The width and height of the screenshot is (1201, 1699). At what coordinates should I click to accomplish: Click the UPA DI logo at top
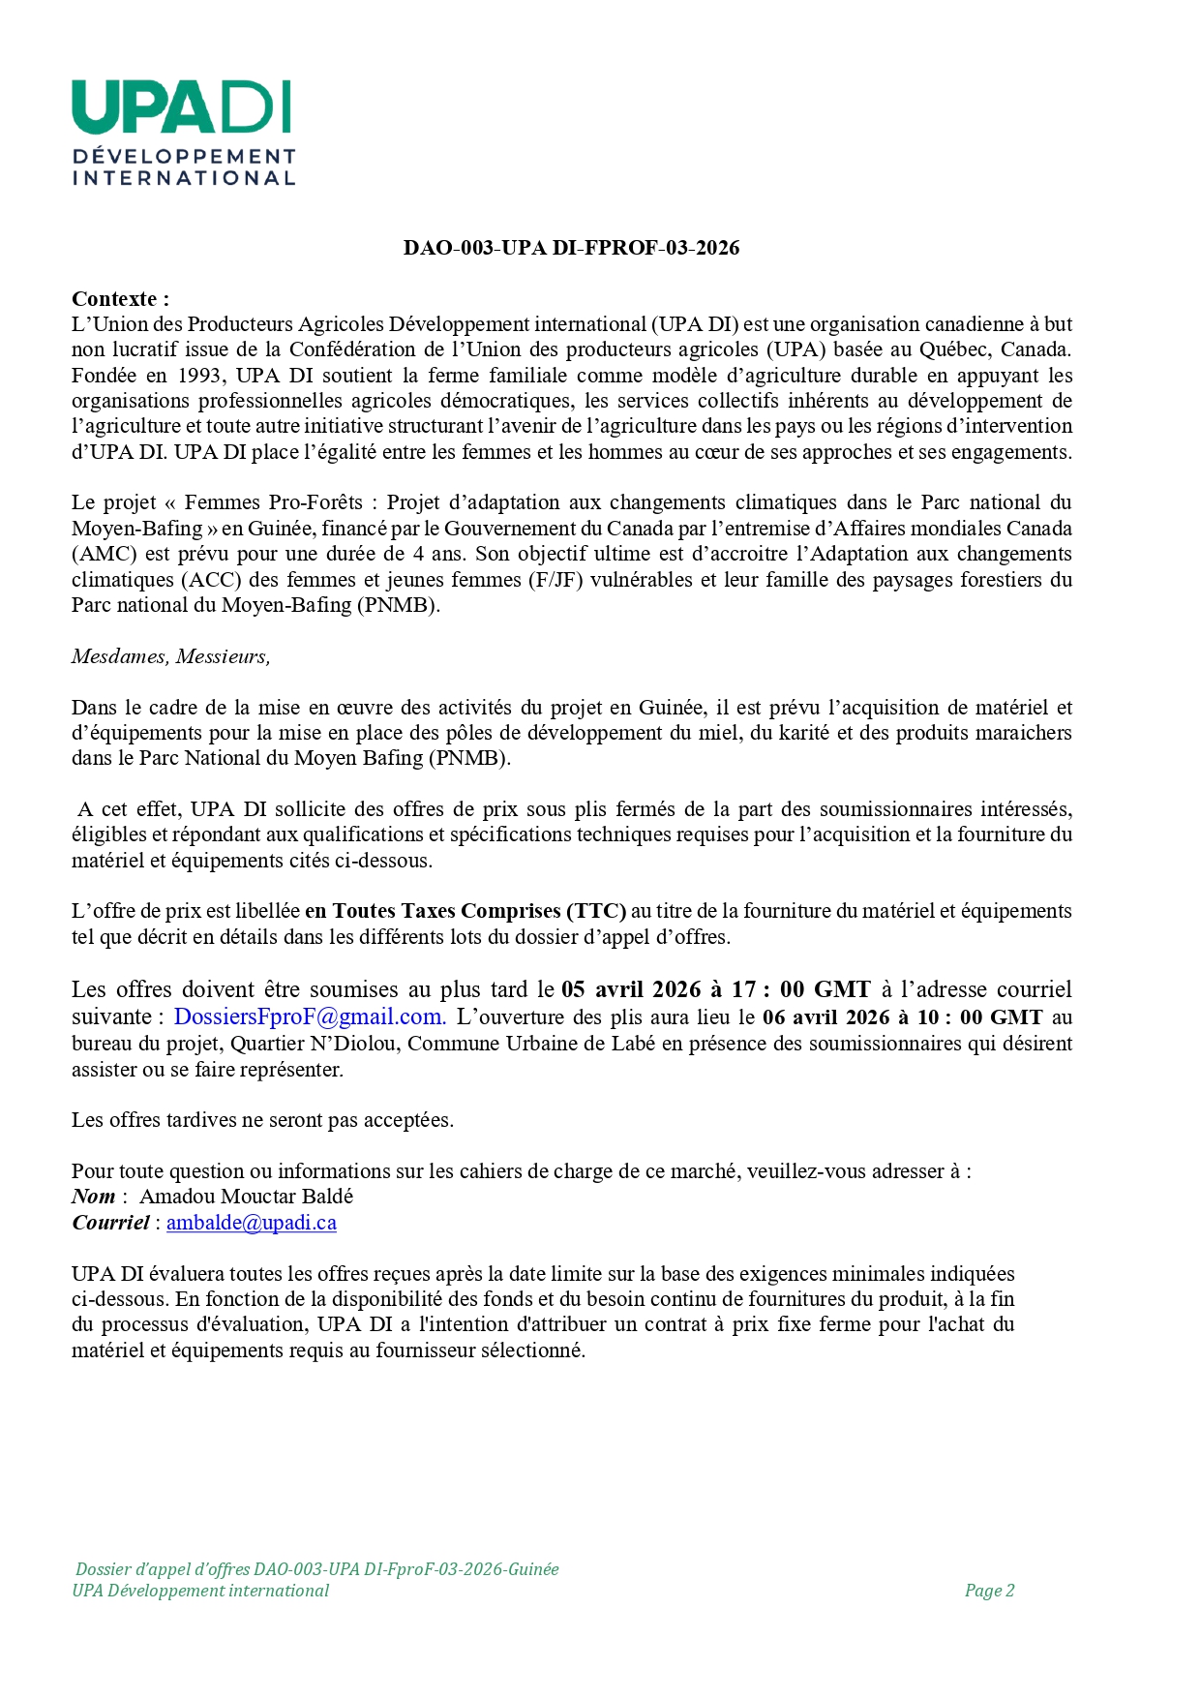183,132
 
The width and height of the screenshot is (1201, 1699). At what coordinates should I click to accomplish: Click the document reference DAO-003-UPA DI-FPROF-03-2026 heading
571,248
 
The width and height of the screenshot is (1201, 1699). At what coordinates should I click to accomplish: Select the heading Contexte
119,299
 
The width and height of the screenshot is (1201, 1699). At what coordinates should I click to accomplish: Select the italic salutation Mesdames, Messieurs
170,656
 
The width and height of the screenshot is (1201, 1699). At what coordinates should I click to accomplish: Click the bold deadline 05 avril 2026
630,989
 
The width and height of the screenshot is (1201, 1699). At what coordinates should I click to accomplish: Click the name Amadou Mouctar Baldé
247,1197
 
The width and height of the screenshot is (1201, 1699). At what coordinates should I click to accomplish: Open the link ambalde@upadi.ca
252,1223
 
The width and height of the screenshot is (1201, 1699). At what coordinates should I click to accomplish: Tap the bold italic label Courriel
110,1223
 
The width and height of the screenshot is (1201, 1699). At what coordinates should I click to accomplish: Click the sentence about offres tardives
262,1120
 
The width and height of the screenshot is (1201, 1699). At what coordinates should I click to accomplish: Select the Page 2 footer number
989,1591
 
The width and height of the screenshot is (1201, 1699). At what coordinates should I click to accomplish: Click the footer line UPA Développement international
200,1591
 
